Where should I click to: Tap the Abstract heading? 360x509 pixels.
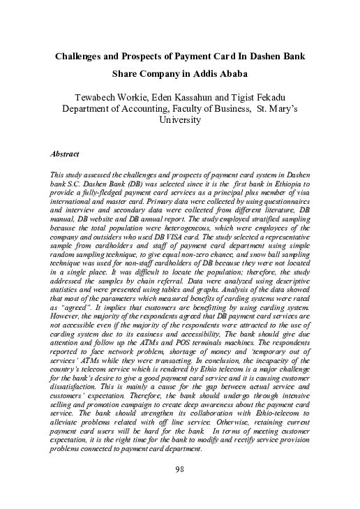tap(65, 153)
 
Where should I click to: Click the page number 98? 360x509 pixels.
tap(180, 487)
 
